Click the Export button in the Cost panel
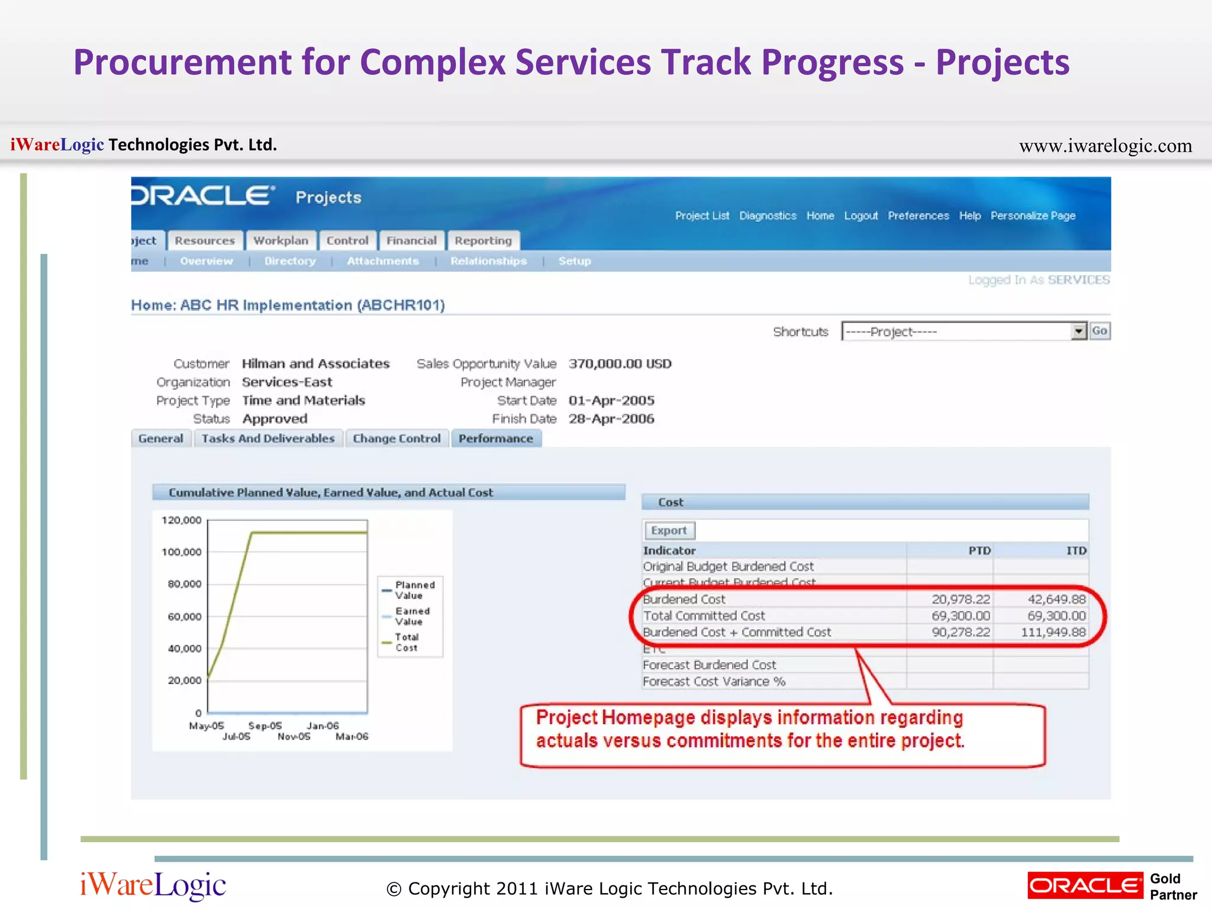(669, 530)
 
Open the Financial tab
(411, 241)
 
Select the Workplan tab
(281, 241)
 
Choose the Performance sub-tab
(496, 439)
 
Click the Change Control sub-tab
(397, 439)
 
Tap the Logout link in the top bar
(860, 216)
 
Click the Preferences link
(918, 216)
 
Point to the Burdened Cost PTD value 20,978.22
(960, 599)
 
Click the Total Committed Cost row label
(704, 616)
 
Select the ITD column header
(1076, 551)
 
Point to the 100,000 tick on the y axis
(182, 552)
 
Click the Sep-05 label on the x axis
(265, 726)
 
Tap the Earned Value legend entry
(412, 616)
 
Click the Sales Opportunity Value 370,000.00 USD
(620, 364)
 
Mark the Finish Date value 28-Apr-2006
(611, 419)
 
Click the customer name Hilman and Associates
(315, 364)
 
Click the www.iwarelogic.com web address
(1105, 146)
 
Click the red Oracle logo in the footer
(1085, 886)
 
